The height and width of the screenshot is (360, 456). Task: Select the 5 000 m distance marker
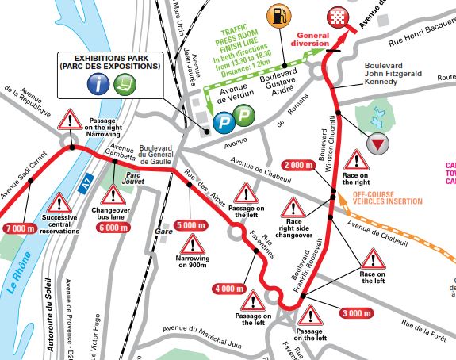pyautogui.click(x=191, y=225)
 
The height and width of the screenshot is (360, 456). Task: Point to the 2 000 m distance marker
pyautogui.click(x=300, y=165)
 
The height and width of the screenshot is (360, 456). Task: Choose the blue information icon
pyautogui.click(x=98, y=86)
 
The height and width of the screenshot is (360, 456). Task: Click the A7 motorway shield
pyautogui.click(x=86, y=184)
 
